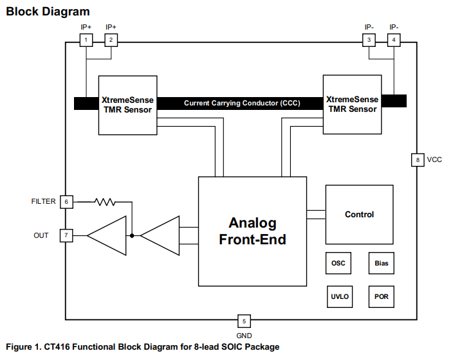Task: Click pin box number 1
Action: point(86,40)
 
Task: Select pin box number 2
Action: point(111,40)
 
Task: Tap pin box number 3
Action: point(369,40)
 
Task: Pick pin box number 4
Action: point(394,40)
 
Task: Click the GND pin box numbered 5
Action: point(244,321)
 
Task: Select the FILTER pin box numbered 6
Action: point(66,202)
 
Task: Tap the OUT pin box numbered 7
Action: point(66,235)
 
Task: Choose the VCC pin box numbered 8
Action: point(418,160)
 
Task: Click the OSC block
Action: point(338,264)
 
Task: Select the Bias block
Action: point(381,264)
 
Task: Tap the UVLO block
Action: point(339,297)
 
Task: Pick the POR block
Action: point(381,297)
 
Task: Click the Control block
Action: point(359,215)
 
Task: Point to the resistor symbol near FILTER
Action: point(105,202)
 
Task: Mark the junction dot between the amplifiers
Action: point(132,235)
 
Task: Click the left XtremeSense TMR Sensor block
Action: point(127,105)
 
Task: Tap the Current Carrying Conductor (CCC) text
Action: point(241,103)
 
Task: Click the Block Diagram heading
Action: point(48,12)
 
